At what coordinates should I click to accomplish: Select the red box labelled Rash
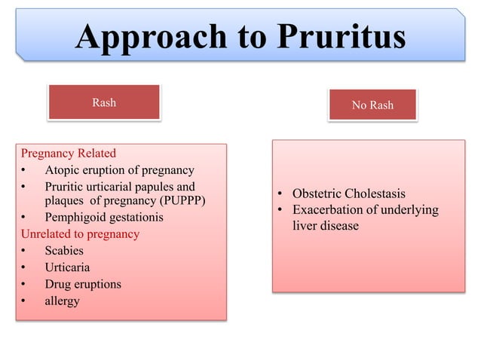[x=104, y=102]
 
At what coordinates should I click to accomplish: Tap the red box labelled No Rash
[x=372, y=105]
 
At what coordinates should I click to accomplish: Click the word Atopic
[x=63, y=170]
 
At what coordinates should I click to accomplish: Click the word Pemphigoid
[x=78, y=218]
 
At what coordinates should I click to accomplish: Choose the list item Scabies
[x=64, y=251]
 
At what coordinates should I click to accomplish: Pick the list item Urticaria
[x=67, y=267]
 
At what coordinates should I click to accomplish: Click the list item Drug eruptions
[x=83, y=284]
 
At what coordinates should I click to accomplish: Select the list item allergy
[x=62, y=301]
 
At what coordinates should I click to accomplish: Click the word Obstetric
[x=317, y=194]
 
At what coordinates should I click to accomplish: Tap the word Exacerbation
[x=329, y=209]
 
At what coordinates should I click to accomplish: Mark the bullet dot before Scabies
[x=25, y=252]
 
